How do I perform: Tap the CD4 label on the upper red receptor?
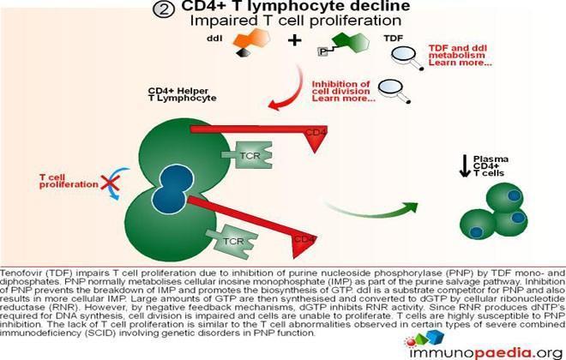[x=315, y=132]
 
